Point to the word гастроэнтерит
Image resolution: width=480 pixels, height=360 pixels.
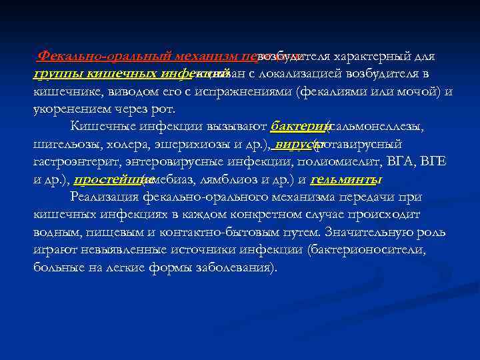click(x=73, y=162)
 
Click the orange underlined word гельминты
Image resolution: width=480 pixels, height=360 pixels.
click(x=346, y=179)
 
